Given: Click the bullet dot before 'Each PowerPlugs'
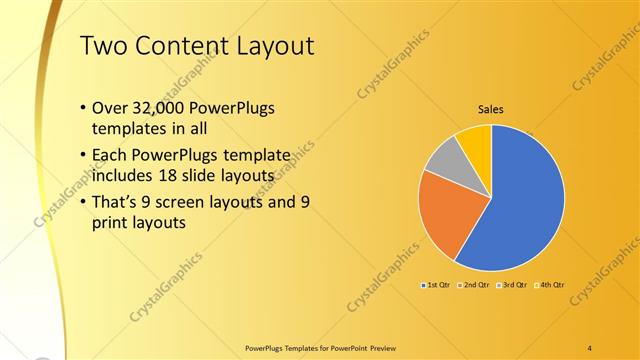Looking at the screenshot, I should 81,157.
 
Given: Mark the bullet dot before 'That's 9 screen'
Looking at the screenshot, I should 81,203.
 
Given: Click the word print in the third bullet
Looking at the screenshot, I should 109,223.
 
